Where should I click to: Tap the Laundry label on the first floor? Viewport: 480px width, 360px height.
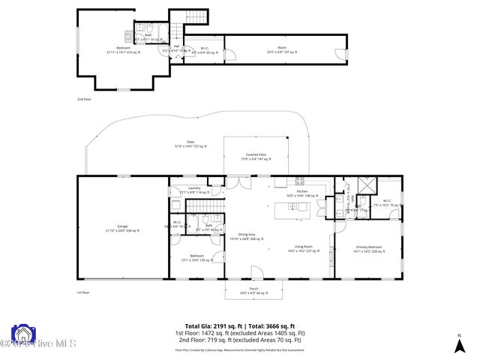click(x=193, y=190)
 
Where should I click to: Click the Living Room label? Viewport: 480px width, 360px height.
click(x=304, y=249)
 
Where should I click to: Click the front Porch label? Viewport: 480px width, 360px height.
click(x=253, y=291)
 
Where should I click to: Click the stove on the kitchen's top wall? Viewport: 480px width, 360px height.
click(x=300, y=180)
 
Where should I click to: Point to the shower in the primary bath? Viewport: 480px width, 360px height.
click(x=367, y=185)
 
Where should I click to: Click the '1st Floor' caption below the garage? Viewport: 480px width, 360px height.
click(x=82, y=292)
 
